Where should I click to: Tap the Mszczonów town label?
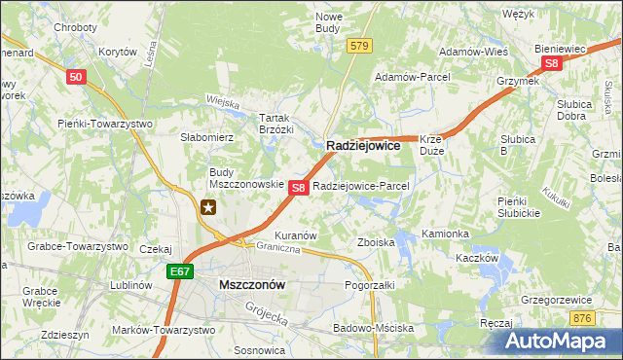pos(252,285)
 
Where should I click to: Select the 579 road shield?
pos(360,46)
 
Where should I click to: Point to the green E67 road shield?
pos(178,272)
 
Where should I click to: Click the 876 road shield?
pos(582,318)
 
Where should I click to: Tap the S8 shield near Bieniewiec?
pos(552,63)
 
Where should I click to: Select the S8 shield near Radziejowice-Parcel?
pos(299,186)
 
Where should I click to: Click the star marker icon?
pos(208,206)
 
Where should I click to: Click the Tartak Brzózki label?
pos(275,123)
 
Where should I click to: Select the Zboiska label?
pos(376,241)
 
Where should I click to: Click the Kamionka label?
pos(446,234)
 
